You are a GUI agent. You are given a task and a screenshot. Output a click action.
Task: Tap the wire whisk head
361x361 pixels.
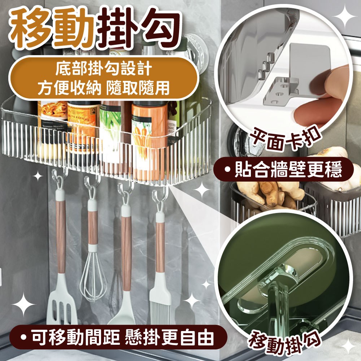[x=93, y=276]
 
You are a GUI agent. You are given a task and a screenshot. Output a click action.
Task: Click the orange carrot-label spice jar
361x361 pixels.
[x=150, y=140]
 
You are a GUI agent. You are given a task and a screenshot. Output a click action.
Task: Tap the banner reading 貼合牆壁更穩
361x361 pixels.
[x=283, y=169]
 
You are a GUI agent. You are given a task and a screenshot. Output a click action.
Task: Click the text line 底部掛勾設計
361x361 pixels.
[x=104, y=69]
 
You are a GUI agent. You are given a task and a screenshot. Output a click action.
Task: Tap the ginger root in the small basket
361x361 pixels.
[x=276, y=193]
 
